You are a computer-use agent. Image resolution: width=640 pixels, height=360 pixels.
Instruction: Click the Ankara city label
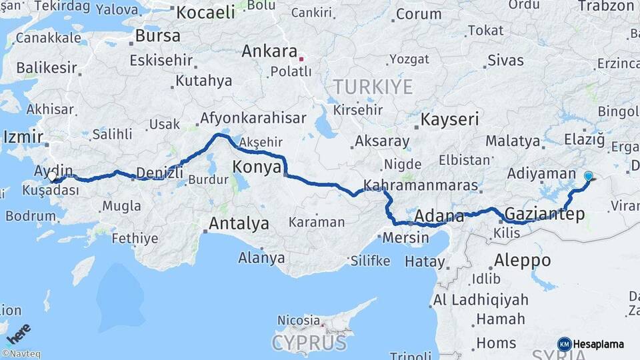269,51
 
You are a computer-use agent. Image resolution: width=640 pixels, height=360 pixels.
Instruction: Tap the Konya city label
257,167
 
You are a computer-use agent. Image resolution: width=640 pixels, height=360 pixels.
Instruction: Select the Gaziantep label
545,215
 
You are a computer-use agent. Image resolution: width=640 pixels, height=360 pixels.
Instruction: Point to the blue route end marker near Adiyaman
588,176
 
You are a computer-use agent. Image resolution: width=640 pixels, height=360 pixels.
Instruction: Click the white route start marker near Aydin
52,177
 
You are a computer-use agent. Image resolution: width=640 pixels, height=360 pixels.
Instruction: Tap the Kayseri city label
449,120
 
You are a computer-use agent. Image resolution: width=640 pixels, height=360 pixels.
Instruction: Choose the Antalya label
239,223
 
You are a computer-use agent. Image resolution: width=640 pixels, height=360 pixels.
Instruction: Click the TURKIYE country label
373,87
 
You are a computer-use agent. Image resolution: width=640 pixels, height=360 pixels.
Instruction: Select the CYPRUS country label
309,343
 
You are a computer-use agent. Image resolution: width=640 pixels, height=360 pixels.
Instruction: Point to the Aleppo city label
523,260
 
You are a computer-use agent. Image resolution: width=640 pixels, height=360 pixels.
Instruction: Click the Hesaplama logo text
599,345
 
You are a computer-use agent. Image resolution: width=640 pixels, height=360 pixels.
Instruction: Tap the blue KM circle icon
564,344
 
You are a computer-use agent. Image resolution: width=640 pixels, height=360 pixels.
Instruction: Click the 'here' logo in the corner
18,333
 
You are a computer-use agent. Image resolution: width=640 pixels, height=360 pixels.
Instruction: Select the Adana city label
439,216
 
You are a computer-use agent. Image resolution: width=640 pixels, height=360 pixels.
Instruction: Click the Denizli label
159,173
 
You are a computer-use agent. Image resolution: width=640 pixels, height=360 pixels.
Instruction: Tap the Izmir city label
23,137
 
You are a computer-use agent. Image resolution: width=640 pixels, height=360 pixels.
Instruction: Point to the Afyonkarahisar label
249,118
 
